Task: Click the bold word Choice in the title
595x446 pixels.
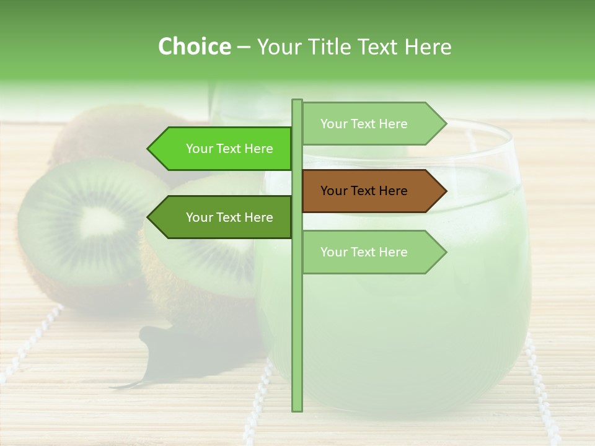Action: coord(194,46)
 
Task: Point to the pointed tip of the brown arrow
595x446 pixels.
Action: coord(445,191)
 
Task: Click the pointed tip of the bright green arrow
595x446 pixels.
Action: coord(149,149)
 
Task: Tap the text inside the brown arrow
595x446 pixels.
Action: coord(364,191)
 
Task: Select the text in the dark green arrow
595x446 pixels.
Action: coord(229,217)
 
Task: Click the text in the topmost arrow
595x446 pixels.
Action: coord(364,124)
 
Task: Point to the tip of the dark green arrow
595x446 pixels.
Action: coord(149,217)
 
